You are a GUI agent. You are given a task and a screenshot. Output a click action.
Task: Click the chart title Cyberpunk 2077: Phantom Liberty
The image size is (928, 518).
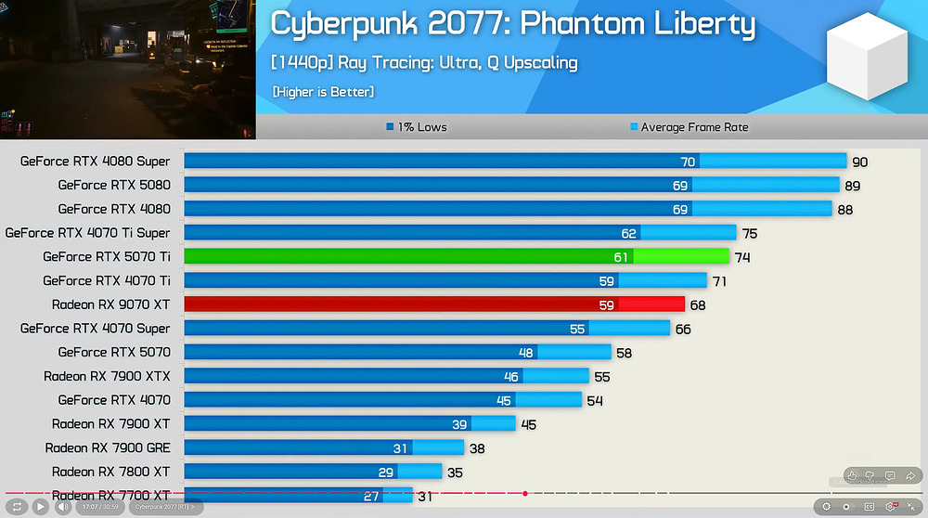(512, 25)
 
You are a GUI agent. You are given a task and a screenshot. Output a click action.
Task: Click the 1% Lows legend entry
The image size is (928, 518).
(416, 127)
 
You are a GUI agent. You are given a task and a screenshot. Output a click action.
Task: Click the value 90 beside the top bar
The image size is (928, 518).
(859, 162)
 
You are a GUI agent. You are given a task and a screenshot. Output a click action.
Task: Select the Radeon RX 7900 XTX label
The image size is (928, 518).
(107, 376)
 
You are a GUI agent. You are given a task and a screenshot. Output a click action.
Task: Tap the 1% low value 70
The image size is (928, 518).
(688, 162)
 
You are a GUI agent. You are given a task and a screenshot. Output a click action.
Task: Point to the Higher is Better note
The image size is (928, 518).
(323, 92)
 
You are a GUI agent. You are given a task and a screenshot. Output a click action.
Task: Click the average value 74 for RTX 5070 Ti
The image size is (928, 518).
(742, 257)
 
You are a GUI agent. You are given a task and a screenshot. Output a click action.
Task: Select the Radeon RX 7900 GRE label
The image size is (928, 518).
(108, 447)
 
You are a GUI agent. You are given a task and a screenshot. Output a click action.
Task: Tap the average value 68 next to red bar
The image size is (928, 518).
(698, 304)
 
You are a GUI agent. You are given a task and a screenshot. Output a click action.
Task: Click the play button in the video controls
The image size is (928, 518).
(40, 507)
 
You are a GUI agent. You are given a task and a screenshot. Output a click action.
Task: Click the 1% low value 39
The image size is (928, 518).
(459, 423)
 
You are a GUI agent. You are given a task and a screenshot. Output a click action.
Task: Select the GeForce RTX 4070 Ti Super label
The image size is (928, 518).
(87, 232)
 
